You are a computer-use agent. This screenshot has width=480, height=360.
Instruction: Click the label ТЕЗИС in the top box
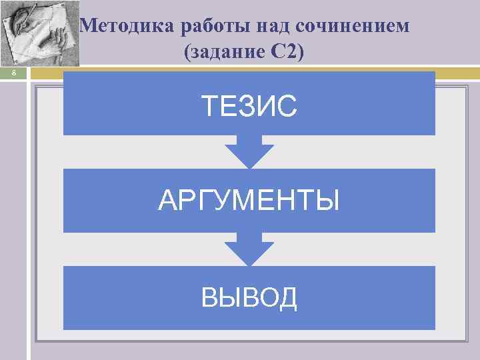click(x=249, y=105)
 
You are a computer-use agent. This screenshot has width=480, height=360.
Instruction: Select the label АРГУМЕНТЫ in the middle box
click(x=249, y=200)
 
